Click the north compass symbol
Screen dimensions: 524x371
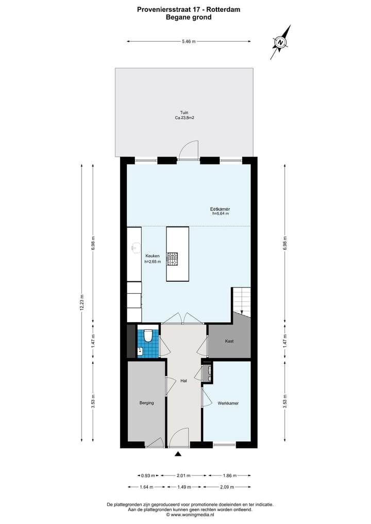280,43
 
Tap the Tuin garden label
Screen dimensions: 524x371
184,112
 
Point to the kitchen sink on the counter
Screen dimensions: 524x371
134,248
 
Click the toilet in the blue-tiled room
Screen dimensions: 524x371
147,336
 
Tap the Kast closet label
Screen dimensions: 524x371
229,342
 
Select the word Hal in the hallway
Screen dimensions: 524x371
183,381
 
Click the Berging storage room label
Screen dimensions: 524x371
146,403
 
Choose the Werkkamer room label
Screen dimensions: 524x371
228,403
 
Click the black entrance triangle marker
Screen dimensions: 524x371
178,454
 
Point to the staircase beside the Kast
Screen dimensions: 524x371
241,301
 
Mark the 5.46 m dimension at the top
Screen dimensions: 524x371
189,42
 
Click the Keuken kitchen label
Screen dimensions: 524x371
153,256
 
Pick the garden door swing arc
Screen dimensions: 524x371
189,148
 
